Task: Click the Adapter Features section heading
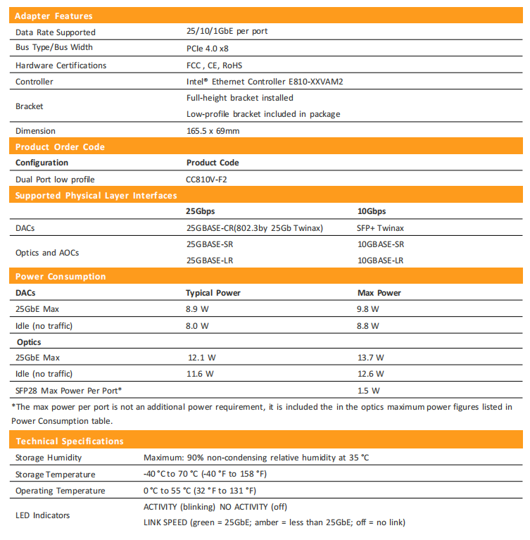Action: (x=53, y=15)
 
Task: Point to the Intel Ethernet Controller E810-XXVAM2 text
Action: (x=264, y=82)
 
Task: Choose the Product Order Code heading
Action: (x=60, y=146)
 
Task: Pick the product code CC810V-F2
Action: (x=206, y=179)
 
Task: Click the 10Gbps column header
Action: (x=372, y=211)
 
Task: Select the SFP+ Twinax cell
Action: (x=381, y=228)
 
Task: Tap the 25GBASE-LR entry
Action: (x=210, y=260)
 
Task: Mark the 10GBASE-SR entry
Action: (x=381, y=244)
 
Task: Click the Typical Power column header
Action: (x=213, y=293)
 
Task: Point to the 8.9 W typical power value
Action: (x=197, y=309)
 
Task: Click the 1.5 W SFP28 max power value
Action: (x=369, y=390)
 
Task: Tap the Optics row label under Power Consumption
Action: (x=29, y=342)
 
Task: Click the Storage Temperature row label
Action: (x=55, y=475)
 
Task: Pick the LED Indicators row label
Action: (x=43, y=515)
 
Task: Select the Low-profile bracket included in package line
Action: (x=263, y=114)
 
